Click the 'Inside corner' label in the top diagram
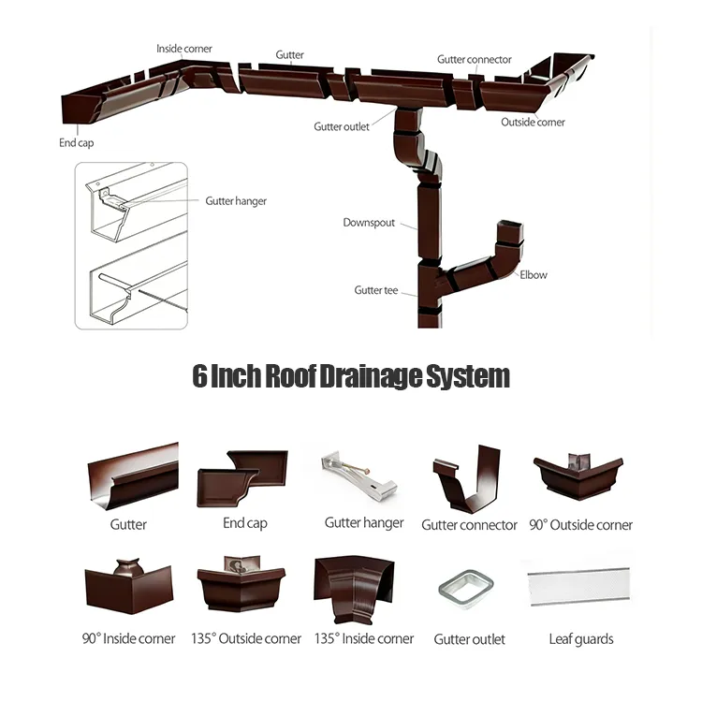point(184,49)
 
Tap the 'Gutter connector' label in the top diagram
point(475,60)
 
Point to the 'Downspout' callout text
point(369,224)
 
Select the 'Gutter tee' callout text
point(375,291)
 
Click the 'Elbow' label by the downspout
point(534,275)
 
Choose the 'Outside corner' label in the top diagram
point(533,123)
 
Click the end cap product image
point(242,478)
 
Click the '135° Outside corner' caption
point(246,639)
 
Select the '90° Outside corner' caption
point(580,525)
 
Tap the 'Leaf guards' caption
point(580,639)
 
